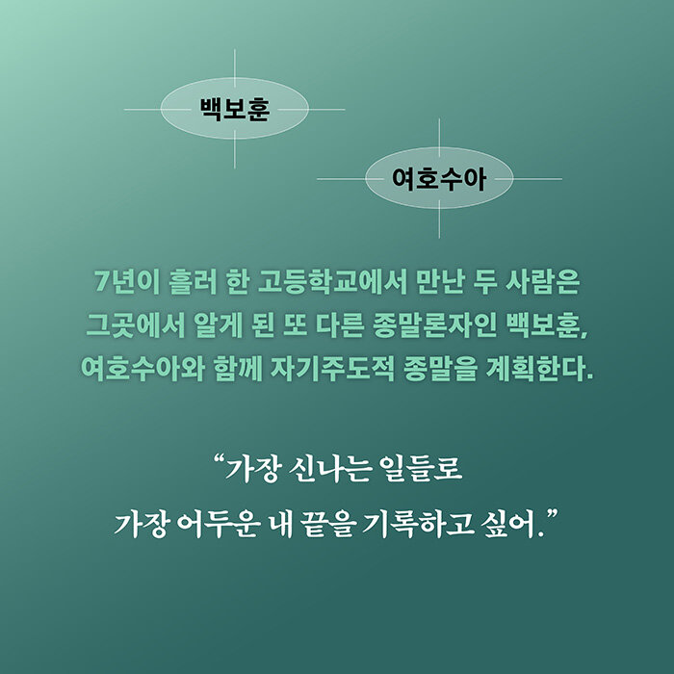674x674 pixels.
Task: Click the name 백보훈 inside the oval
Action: (x=235, y=109)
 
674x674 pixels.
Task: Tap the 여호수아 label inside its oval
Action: (x=439, y=179)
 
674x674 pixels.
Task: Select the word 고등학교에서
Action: (x=332, y=282)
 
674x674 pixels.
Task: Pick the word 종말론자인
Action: (x=434, y=325)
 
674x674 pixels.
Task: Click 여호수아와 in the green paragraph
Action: (x=143, y=369)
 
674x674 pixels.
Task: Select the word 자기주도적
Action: (x=332, y=369)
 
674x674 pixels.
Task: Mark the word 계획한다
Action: (x=538, y=369)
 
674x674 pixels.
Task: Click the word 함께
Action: (x=238, y=369)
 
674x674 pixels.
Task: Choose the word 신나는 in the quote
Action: (x=329, y=469)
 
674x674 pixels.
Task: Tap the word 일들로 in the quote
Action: (x=421, y=469)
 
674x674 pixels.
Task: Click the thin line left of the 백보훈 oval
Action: (x=143, y=109)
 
